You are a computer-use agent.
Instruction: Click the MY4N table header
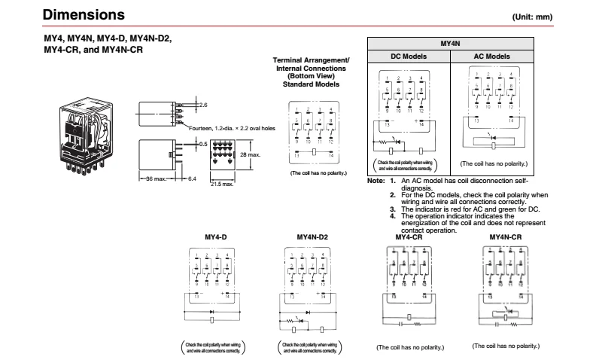click(450, 44)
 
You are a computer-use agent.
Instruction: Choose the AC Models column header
click(491, 56)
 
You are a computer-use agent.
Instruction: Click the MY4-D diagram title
click(216, 237)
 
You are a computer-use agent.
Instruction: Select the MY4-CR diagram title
click(409, 237)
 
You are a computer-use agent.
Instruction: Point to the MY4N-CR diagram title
click(505, 237)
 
